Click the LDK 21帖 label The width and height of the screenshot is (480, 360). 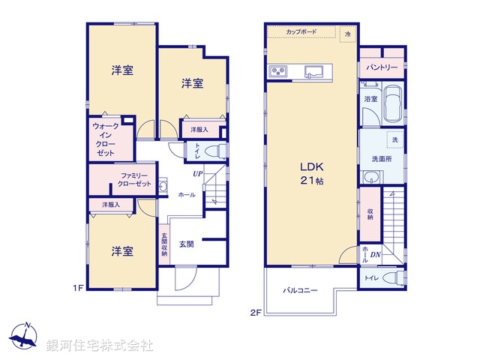pyautogui.click(x=311, y=172)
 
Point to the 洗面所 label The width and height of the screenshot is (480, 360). pyautogui.click(x=382, y=158)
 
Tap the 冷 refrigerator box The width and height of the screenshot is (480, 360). pyautogui.click(x=347, y=34)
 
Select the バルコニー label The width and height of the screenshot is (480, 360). pyautogui.click(x=301, y=290)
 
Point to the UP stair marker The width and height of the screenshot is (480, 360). pyautogui.click(x=197, y=174)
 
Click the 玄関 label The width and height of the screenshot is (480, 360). pyautogui.click(x=187, y=244)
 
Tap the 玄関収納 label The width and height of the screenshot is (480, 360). pyautogui.click(x=164, y=245)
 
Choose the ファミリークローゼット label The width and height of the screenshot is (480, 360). pyautogui.click(x=136, y=180)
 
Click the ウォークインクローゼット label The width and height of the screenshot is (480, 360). pyautogui.click(x=106, y=139)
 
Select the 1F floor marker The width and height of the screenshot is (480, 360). pyautogui.click(x=77, y=287)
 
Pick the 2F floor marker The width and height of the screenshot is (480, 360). pyautogui.click(x=256, y=312)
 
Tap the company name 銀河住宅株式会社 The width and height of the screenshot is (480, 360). pyautogui.click(x=100, y=346)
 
